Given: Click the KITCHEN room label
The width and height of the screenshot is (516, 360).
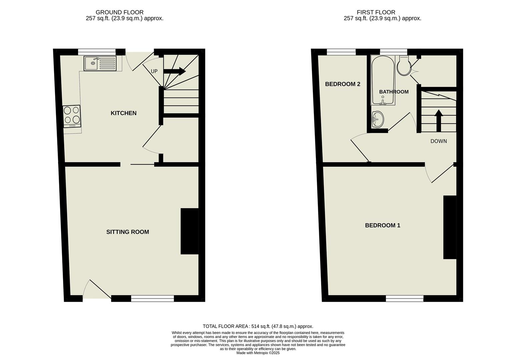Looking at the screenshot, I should click(x=123, y=113).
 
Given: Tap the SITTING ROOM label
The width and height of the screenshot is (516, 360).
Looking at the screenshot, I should click(x=127, y=232).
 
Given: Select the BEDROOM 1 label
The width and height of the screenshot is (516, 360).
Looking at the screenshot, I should click(x=382, y=225).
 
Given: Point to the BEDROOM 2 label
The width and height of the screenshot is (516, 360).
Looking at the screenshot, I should click(x=342, y=84).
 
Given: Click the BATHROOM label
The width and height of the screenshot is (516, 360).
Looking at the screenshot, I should click(x=394, y=92).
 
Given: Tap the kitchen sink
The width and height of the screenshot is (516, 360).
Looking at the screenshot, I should click(x=100, y=63).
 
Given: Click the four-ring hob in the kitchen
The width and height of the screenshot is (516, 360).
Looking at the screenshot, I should click(x=72, y=116).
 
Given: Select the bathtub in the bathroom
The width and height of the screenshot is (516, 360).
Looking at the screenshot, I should click(x=383, y=80).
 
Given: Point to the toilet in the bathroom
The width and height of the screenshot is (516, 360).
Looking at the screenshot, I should click(x=404, y=66).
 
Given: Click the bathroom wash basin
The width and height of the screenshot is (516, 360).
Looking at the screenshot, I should click(x=378, y=119).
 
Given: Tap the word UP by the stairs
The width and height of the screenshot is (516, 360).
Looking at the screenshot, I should click(x=154, y=71).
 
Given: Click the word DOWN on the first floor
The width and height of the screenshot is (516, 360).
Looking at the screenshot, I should click(x=438, y=141).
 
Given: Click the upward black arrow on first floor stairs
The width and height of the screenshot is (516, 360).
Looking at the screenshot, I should click(x=438, y=120).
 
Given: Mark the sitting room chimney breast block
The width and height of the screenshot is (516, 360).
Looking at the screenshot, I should click(x=189, y=231).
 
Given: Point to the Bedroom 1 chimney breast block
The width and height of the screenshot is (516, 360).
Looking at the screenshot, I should click(x=449, y=227).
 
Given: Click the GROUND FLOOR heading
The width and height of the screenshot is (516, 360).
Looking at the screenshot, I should click(x=119, y=12).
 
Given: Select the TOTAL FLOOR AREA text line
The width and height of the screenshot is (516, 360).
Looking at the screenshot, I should click(x=258, y=326).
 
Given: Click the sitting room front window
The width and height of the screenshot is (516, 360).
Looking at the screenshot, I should click(x=152, y=299).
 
